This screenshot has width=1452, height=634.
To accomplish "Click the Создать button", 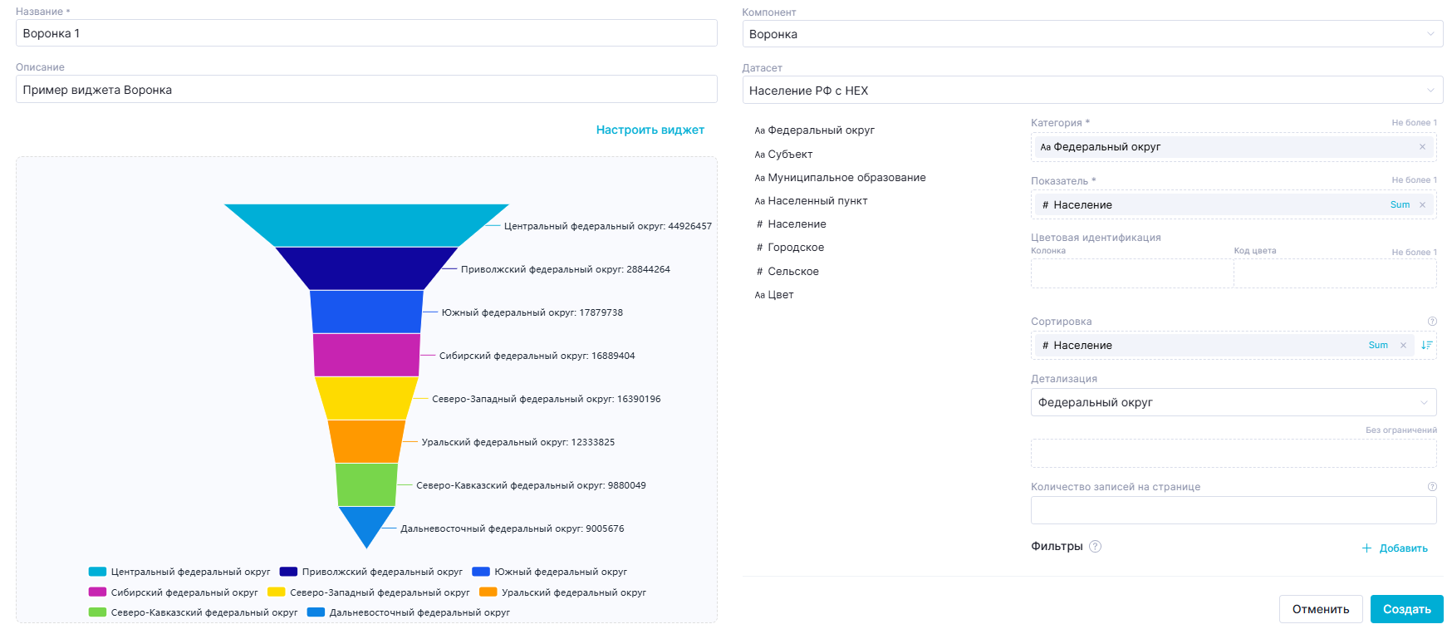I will point(1406,609).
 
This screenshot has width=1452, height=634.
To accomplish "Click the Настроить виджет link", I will point(650,130).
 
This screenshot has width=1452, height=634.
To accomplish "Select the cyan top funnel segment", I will point(366,225).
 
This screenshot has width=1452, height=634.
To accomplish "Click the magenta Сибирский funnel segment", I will point(366,355).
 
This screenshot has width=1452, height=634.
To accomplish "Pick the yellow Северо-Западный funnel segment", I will point(366,398).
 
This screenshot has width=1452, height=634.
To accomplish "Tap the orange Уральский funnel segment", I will point(366,441).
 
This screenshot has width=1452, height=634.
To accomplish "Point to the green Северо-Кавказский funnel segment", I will point(366,484).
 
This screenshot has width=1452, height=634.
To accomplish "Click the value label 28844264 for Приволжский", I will point(648,269).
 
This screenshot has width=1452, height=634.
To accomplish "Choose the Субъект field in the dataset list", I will point(790,154).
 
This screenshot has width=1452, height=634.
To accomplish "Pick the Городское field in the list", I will point(796,247).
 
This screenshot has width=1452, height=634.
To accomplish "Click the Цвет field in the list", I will point(780,294).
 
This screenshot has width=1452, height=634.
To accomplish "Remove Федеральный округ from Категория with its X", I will point(1422,147).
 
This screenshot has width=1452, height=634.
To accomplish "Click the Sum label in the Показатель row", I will point(1400,204).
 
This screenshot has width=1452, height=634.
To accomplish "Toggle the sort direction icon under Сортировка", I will point(1426,345).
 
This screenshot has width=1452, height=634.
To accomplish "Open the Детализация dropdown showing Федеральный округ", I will point(1233,402).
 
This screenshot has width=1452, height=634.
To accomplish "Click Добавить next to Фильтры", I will point(1402,548).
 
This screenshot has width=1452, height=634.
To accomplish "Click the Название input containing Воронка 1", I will point(366,33).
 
